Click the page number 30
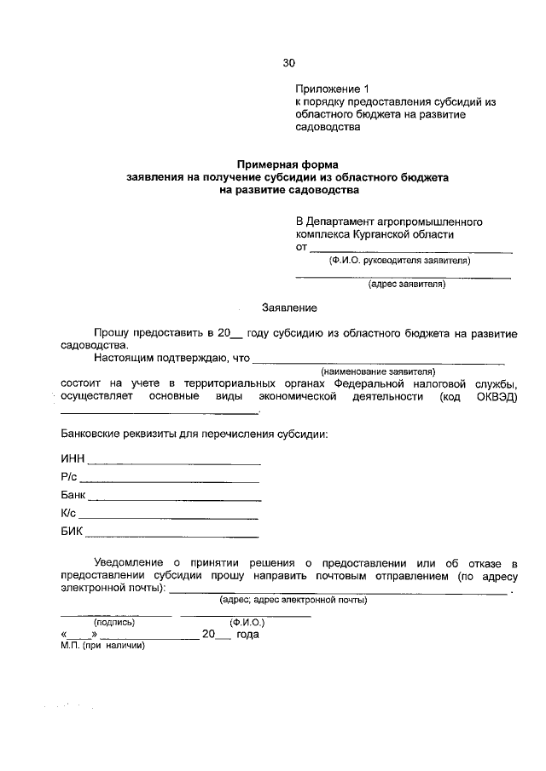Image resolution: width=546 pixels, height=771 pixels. pos(288,62)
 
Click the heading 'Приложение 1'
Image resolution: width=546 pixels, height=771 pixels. pos(334,89)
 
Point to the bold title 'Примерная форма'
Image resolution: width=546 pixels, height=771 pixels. pos(288,164)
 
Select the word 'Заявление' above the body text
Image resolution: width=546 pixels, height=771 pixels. pos(289,307)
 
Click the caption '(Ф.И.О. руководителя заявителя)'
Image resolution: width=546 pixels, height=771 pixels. pos(400,262)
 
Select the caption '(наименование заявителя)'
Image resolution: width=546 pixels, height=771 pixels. pos(378,371)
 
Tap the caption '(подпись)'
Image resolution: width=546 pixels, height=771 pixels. pos(114,622)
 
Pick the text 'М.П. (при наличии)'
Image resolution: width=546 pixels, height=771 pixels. pos(102,645)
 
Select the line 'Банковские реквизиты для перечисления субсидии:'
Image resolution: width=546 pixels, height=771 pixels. pos(194,434)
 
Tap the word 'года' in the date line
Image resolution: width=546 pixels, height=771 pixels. pos(247,634)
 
